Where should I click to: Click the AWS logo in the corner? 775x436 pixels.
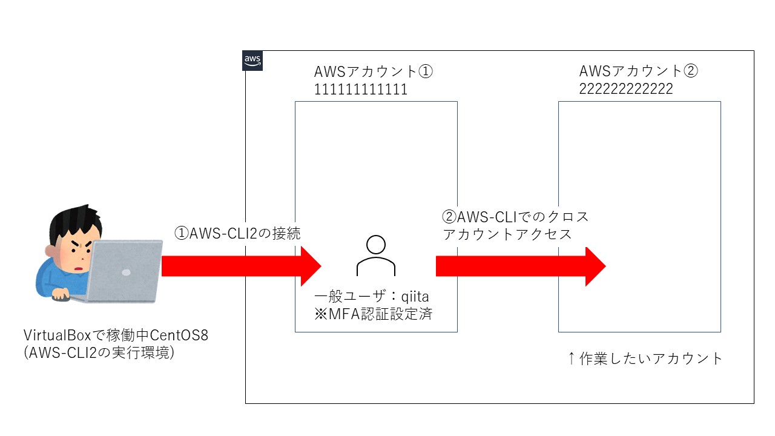[x=252, y=61]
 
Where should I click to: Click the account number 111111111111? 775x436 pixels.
[x=361, y=90]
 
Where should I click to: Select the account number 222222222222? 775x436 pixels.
[x=626, y=89]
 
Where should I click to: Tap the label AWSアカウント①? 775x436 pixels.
[x=374, y=71]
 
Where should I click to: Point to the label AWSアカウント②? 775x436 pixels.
[x=639, y=71]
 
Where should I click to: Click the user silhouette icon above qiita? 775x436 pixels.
[x=376, y=256]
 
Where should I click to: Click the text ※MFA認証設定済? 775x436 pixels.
[x=374, y=314]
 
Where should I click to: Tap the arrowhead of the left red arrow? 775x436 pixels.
[x=309, y=265]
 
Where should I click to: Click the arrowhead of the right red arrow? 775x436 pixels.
[x=595, y=265]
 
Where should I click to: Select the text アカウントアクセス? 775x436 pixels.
[x=507, y=234]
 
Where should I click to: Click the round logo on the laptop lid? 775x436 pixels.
[x=126, y=272]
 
